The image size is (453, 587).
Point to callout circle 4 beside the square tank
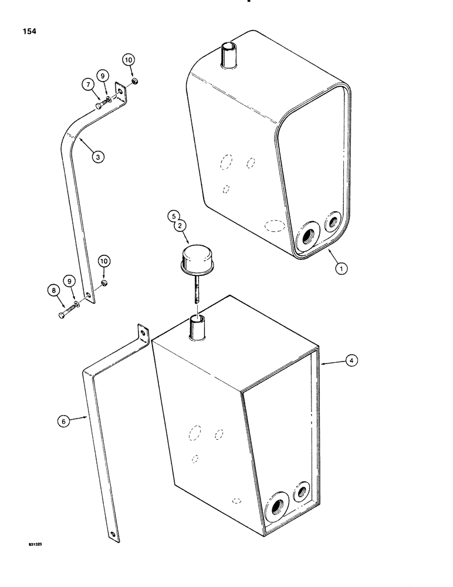tap(350, 362)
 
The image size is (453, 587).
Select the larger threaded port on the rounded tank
tap(307, 237)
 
